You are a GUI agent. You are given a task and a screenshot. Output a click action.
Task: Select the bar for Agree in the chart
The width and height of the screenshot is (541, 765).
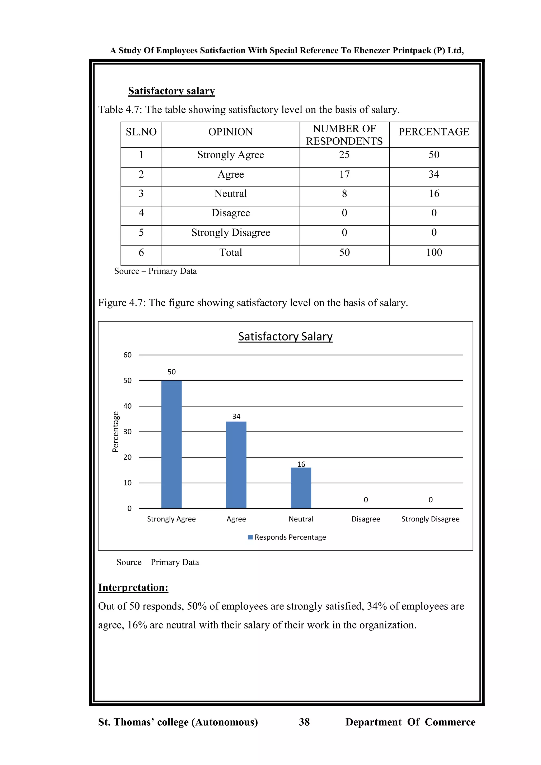point(236,465)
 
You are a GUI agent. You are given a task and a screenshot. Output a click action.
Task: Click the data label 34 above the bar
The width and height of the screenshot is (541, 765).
point(236,417)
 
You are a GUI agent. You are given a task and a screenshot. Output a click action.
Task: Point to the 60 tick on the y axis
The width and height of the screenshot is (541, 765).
point(127,355)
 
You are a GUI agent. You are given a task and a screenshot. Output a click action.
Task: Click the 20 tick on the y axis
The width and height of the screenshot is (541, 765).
point(127,458)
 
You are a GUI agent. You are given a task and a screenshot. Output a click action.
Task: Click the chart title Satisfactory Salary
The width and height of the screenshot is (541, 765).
point(285,337)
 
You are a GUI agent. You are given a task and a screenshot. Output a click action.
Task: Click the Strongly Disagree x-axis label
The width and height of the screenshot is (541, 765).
point(430,519)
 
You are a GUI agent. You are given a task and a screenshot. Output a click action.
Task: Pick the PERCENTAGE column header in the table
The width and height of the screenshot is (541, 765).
point(434,132)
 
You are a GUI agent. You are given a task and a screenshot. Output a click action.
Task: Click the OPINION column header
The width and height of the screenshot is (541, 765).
point(231,132)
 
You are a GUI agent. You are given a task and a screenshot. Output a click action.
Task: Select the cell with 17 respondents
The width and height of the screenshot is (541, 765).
point(344,174)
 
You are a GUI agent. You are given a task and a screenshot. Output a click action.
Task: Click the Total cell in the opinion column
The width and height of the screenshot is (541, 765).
point(231,253)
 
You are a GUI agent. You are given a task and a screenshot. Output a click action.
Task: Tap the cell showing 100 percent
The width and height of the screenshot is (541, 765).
point(434,253)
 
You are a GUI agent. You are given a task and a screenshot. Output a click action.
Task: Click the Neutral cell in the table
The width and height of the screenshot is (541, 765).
point(231,194)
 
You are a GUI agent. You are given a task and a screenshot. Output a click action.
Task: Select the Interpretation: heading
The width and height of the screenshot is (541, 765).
point(133,587)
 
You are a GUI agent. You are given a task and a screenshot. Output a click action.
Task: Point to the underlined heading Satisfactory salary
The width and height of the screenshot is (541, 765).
point(171,91)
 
